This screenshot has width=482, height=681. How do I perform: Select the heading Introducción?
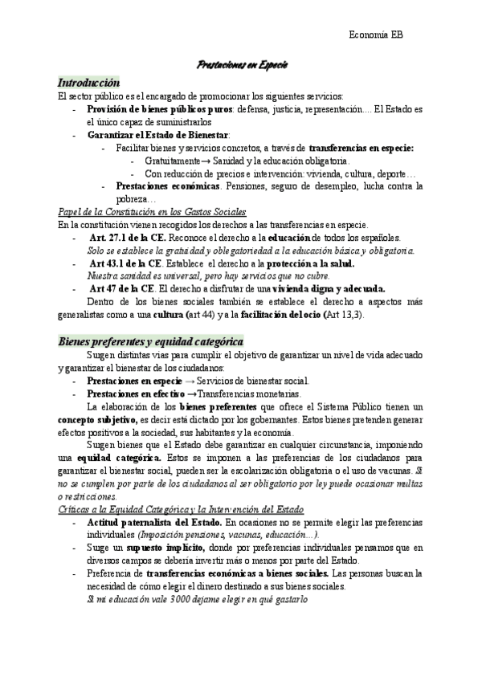[88, 83]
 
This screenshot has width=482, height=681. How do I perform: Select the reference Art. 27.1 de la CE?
[129, 239]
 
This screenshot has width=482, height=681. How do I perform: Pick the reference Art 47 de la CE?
[121, 289]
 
